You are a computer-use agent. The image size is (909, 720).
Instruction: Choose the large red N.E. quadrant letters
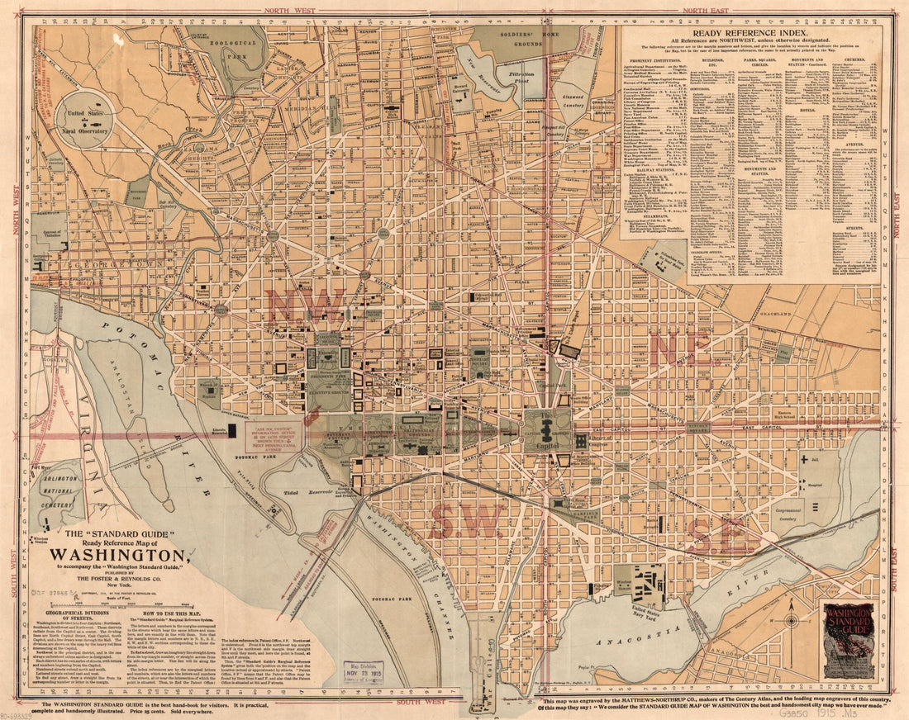point(680,348)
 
